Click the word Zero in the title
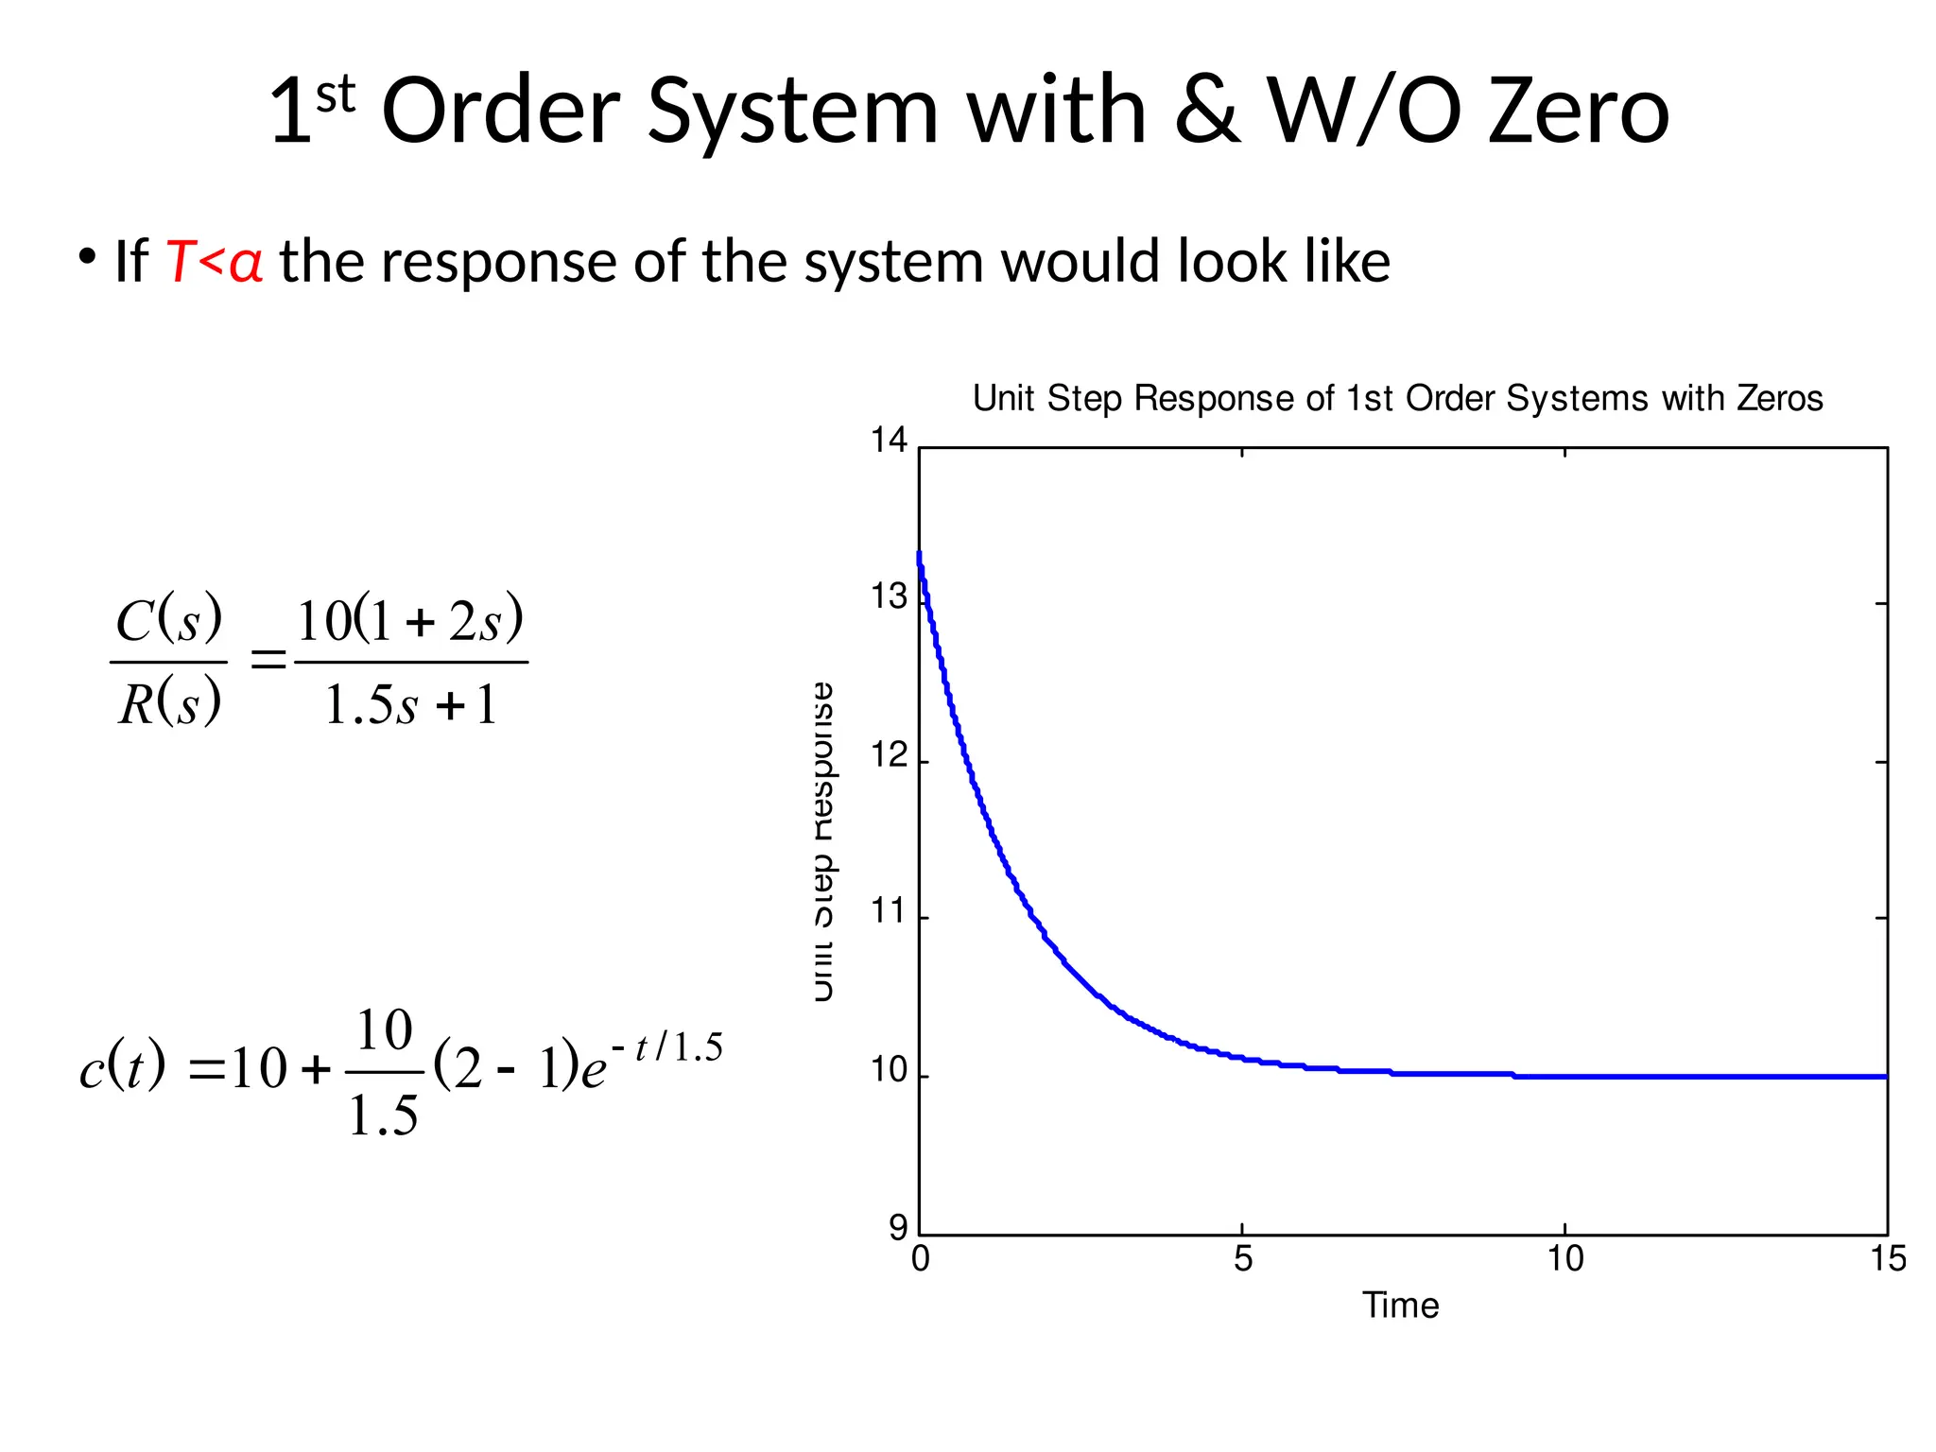pos(1578,112)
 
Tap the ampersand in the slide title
pos(1207,112)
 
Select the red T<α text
pos(214,262)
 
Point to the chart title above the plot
pos(1397,398)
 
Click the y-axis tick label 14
pos(889,441)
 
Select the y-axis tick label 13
pos(889,598)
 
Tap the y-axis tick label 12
pos(889,756)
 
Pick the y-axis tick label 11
pos(889,912)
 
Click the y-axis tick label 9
pos(897,1228)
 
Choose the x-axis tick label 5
pos(1242,1259)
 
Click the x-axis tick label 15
pos(1887,1259)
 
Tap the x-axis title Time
pos(1400,1305)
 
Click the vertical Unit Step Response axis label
pos(823,841)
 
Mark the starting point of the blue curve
pos(919,554)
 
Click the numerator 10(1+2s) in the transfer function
pos(410,622)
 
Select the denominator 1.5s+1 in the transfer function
pos(410,705)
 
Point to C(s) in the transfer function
pos(169,620)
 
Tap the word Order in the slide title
pos(500,112)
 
